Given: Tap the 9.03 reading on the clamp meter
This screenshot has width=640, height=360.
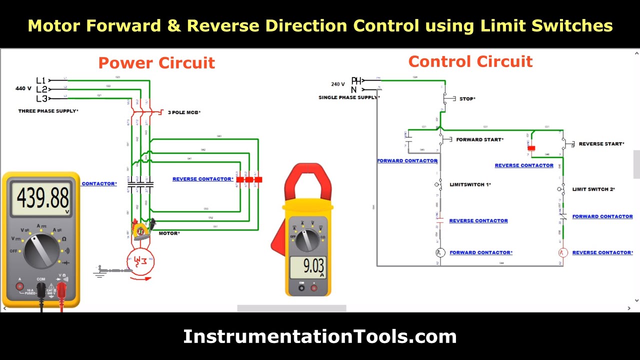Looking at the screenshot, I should (x=307, y=265).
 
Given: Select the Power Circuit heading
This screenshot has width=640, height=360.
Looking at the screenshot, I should (x=156, y=63).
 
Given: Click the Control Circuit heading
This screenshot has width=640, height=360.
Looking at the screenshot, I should (x=470, y=61).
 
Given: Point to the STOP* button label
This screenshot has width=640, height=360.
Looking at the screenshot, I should (x=467, y=99).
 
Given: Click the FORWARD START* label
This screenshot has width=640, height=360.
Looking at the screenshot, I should (x=479, y=140).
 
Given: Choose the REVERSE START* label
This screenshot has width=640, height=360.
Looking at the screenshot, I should (x=601, y=144).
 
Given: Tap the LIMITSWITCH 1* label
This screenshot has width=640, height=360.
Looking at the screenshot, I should (x=470, y=185).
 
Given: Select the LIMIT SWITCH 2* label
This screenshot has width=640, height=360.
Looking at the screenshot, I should (x=593, y=189).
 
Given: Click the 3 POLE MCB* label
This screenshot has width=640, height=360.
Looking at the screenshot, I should (x=184, y=112).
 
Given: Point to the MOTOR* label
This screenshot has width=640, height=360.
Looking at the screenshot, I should (x=169, y=233).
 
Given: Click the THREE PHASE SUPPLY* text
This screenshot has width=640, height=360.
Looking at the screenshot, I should (x=48, y=111).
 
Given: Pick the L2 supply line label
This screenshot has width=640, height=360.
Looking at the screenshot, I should (x=41, y=89).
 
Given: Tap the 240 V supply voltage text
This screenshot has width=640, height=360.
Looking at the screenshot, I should (x=338, y=84).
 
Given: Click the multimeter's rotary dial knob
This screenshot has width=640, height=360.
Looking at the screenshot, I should (x=41, y=250).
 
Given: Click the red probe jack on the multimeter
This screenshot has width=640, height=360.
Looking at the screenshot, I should (x=62, y=287).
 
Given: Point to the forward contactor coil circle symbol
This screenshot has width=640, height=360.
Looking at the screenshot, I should (x=440, y=253).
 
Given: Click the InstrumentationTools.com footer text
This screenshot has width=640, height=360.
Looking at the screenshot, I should (x=320, y=336).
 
